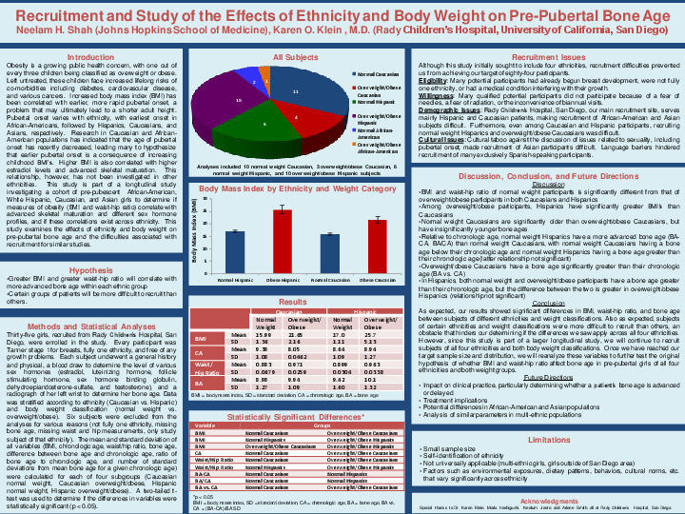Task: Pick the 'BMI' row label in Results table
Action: pyautogui.click(x=201, y=338)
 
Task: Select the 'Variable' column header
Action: pyautogui.click(x=205, y=425)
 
